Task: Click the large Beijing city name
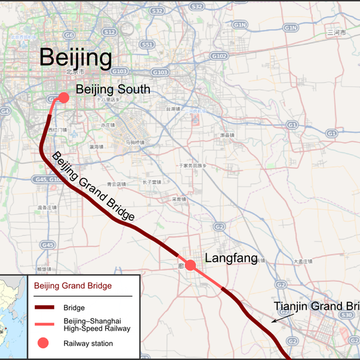coord(75,57)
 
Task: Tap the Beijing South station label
coord(113,89)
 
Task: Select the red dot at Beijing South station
coord(63,97)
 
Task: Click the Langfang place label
coord(231,258)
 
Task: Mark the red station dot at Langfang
coord(190,265)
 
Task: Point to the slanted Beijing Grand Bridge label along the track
coord(93,187)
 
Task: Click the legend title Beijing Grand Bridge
coord(73,286)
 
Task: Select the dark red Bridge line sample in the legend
coord(45,308)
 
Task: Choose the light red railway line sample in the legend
coord(45,325)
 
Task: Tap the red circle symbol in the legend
coord(44,343)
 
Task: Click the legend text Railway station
coord(88,343)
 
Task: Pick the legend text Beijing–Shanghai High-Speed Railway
coord(97,325)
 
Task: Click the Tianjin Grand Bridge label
coord(316,307)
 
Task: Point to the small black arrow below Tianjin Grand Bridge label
coord(280,319)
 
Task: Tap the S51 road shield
coord(148,45)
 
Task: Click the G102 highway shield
coord(219,56)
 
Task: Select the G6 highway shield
coord(69,34)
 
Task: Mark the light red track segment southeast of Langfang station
coord(207,277)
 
